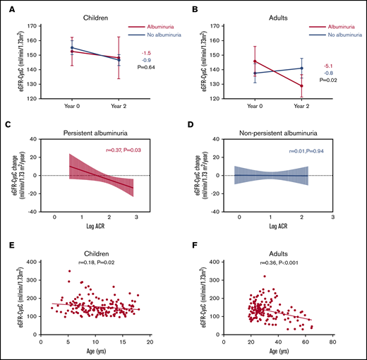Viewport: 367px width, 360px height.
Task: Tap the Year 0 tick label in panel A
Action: point(73,107)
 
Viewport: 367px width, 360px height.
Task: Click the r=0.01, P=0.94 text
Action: point(308,151)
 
